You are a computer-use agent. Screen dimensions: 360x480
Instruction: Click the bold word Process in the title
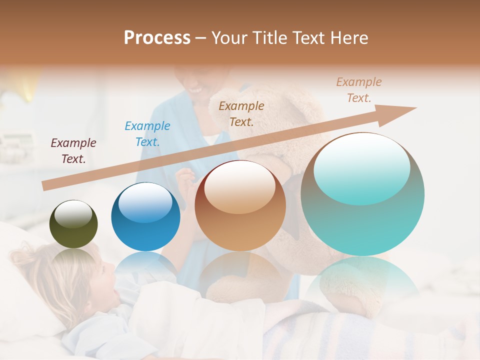pyautogui.click(x=157, y=38)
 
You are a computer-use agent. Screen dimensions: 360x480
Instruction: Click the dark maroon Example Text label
pyautogui.click(x=73, y=151)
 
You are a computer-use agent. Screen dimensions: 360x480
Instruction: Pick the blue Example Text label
pyautogui.click(x=147, y=134)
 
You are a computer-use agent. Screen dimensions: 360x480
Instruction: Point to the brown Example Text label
pyautogui.click(x=241, y=113)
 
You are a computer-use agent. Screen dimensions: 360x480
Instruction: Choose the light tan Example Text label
pyautogui.click(x=359, y=90)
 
